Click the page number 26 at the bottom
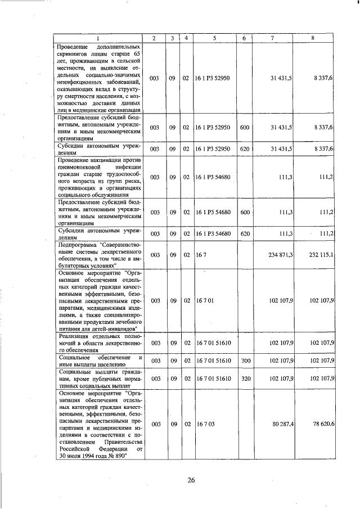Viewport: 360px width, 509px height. (x=191, y=480)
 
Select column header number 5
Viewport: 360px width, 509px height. (x=214, y=38)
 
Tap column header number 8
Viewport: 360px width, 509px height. (x=313, y=38)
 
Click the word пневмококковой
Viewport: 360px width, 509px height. (x=79, y=167)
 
